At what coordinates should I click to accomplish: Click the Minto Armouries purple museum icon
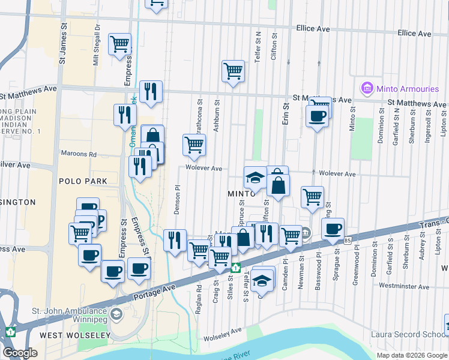(x=367, y=89)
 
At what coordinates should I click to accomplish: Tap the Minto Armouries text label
(x=408, y=89)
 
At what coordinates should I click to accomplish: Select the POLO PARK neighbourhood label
(x=83, y=181)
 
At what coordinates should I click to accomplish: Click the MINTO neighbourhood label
(x=243, y=194)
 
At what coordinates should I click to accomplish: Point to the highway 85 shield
(x=348, y=241)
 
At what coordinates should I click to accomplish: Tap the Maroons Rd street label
(x=78, y=154)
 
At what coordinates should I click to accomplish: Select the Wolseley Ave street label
(x=222, y=330)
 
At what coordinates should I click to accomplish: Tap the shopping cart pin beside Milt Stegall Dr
(x=119, y=44)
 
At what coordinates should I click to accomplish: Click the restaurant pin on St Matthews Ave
(x=151, y=91)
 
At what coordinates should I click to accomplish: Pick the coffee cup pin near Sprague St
(x=333, y=229)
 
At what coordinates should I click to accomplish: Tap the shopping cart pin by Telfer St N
(x=233, y=71)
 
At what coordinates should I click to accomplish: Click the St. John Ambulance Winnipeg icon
(x=117, y=313)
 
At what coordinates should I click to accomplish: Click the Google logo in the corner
(x=20, y=353)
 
